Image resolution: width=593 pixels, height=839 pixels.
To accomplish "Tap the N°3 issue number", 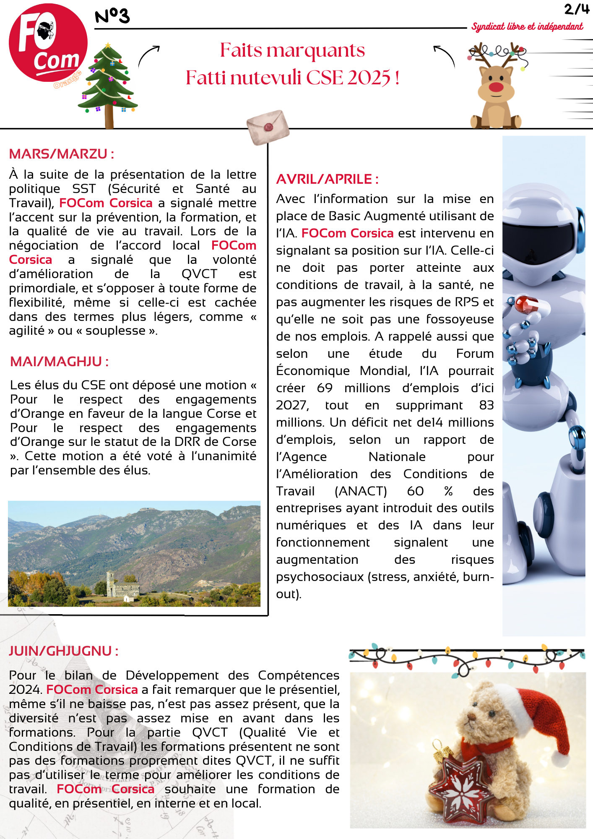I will (x=112, y=16).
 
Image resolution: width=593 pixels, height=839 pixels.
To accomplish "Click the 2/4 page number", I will (x=576, y=9).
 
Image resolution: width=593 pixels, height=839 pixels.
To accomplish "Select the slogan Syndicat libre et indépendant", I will (x=527, y=26).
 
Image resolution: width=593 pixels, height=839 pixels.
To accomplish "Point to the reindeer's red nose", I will (x=496, y=87).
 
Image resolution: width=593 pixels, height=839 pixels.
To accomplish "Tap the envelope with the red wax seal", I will (x=268, y=127).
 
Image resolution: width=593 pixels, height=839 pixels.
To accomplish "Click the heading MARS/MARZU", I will (x=61, y=154).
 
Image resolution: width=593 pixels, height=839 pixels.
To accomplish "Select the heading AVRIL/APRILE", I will (x=327, y=179).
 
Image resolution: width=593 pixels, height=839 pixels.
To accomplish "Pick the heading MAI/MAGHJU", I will (x=59, y=361).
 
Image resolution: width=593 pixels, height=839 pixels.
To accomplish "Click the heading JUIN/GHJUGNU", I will (x=63, y=651).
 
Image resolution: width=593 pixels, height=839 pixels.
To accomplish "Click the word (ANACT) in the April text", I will (x=360, y=491).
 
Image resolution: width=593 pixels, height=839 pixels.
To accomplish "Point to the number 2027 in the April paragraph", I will (x=292, y=405).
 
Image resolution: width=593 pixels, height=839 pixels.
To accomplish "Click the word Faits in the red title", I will (x=241, y=50).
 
